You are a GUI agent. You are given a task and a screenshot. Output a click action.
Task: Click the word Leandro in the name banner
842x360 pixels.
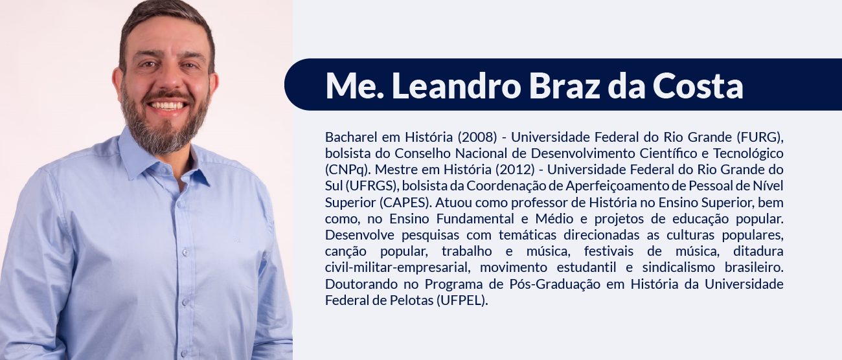pyautogui.click(x=456, y=85)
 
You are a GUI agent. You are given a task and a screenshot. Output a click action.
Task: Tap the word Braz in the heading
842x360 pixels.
pyautogui.click(x=565, y=85)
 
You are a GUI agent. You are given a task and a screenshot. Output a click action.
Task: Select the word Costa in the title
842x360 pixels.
pyautogui.click(x=698, y=85)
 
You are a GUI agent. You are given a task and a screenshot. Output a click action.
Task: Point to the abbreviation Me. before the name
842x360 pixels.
pyautogui.click(x=354, y=85)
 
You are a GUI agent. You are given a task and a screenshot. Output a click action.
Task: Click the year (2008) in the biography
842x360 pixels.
pyautogui.click(x=477, y=137)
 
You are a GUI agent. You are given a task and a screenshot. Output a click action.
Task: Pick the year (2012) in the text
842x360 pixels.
pyautogui.click(x=515, y=170)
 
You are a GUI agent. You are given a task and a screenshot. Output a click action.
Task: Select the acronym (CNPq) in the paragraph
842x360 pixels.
pyautogui.click(x=348, y=170)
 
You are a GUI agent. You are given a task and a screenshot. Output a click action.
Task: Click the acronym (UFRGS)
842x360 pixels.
pyautogui.click(x=372, y=186)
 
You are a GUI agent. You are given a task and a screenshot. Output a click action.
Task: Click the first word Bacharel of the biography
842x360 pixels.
pyautogui.click(x=351, y=137)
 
